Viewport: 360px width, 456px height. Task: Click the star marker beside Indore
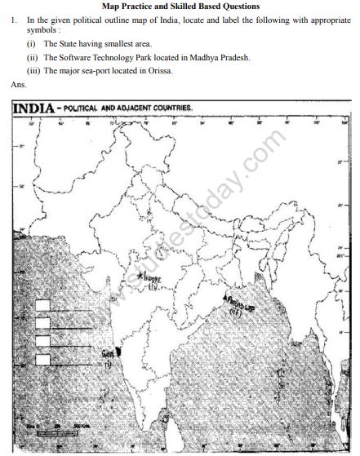(141, 277)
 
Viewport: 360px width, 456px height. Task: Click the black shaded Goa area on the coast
(118, 351)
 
